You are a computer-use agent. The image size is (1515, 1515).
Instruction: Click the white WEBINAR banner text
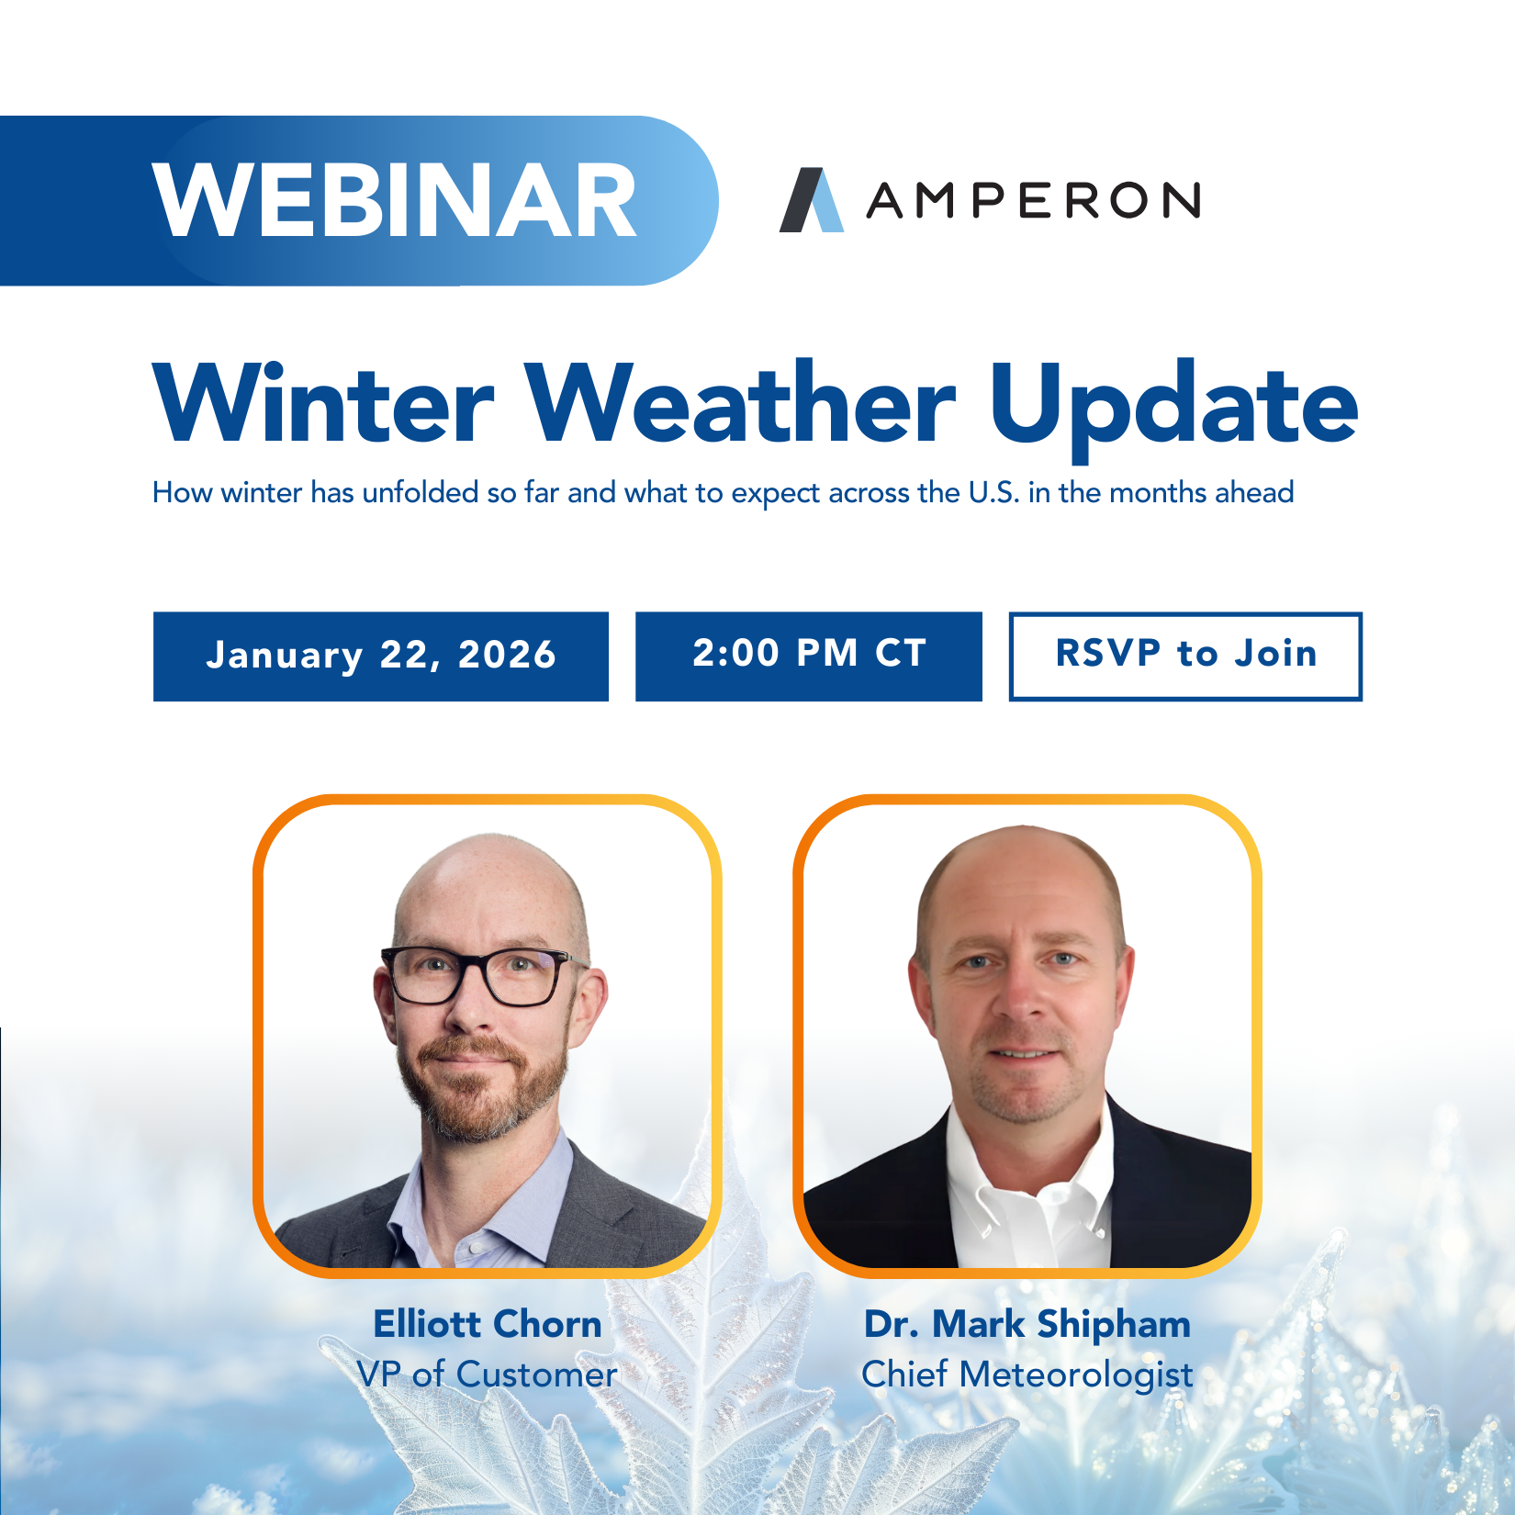click(395, 201)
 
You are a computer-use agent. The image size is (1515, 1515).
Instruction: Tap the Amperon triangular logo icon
click(811, 200)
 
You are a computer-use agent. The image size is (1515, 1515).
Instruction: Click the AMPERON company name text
click(1033, 200)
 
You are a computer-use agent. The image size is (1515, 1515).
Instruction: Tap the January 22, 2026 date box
click(380, 656)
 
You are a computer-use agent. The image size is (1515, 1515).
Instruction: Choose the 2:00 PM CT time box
click(808, 656)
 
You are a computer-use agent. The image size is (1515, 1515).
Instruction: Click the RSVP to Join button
click(1184, 656)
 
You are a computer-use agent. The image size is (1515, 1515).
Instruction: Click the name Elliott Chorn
click(488, 1324)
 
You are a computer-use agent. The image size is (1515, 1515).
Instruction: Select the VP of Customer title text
click(488, 1375)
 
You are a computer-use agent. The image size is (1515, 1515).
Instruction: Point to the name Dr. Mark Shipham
click(1027, 1324)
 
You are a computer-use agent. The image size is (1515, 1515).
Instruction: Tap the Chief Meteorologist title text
click(1027, 1375)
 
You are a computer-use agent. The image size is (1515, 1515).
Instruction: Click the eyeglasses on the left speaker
click(477, 975)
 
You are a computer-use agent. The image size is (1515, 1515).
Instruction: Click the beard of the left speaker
click(482, 1093)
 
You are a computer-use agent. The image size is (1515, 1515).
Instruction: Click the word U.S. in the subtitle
click(993, 493)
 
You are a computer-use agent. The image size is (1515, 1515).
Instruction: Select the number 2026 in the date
click(507, 656)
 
